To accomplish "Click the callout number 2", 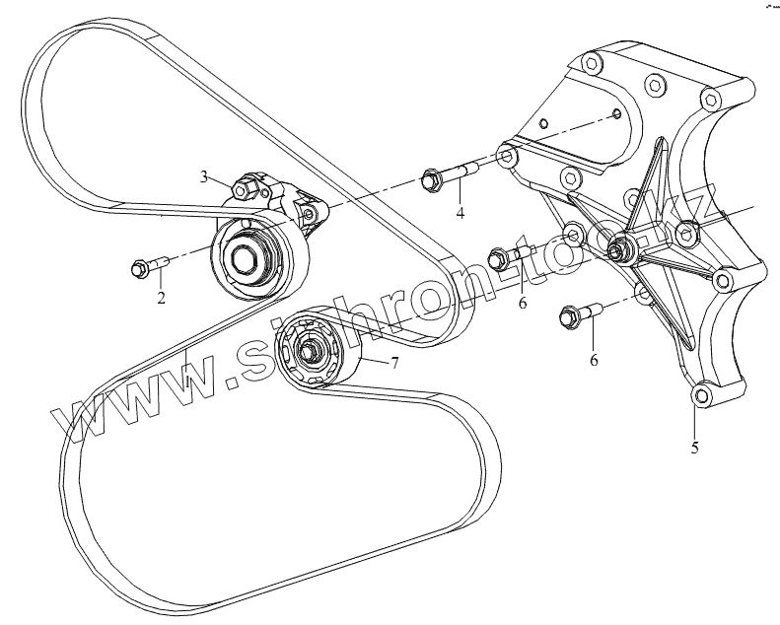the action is pos(160,297).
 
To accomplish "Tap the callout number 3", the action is pos(205,176).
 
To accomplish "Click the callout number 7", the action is pos(393,364).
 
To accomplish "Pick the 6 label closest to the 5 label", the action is pos(594,360).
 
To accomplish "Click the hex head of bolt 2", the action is pos(139,267).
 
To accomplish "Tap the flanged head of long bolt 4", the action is pos(430,179).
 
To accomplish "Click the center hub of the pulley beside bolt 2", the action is pos(244,261).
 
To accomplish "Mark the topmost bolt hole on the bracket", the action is pos(591,64).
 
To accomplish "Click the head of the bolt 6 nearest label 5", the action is pos(568,317).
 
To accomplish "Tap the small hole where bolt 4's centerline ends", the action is pos(615,114).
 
